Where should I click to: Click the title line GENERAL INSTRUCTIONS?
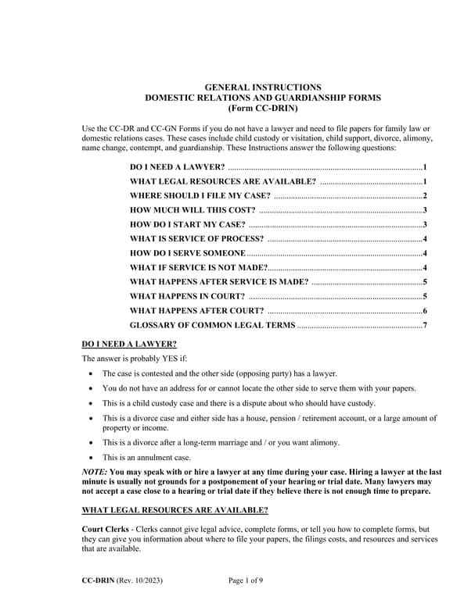(262, 87)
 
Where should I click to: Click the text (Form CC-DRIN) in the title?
(262, 108)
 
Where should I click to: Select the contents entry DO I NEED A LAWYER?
(178, 167)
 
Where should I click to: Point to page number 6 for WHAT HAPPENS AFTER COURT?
(424, 310)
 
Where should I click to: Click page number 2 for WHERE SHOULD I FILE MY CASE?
(424, 196)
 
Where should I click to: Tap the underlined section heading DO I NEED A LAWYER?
(129, 345)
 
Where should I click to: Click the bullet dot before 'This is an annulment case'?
(93, 457)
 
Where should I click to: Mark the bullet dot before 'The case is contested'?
(93, 374)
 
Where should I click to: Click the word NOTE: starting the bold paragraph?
(95, 473)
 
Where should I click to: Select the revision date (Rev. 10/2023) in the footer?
(142, 580)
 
